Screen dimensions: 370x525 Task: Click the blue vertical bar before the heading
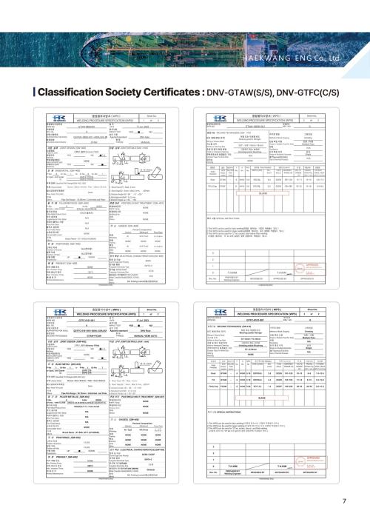click(x=33, y=92)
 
